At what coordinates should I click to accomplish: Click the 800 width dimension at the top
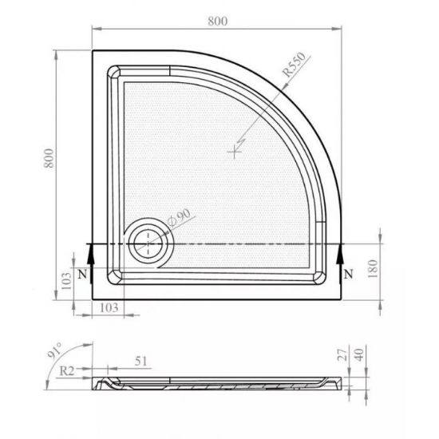[x=218, y=22]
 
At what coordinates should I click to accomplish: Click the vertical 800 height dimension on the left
[x=49, y=158]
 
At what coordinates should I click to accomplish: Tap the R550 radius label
[x=294, y=65]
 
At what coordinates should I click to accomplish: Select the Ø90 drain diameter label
[x=179, y=218]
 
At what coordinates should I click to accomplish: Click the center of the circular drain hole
[x=148, y=244]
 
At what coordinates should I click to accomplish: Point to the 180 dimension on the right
[x=373, y=268]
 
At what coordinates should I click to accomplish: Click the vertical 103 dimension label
[x=66, y=281]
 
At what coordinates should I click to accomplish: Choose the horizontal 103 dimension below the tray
[x=109, y=308]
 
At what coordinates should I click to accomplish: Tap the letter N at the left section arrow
[x=82, y=274]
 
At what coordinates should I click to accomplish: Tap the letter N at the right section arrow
[x=348, y=274]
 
